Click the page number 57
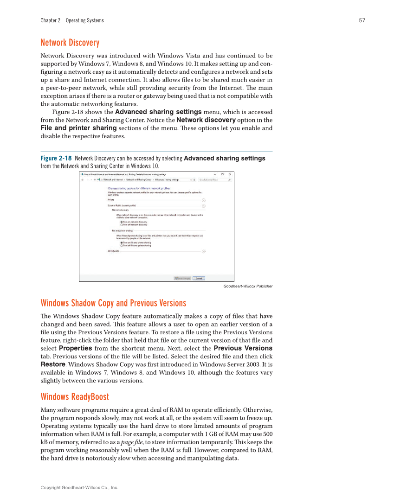pyautogui.click(x=362, y=20)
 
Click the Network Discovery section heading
pyautogui.click(x=70, y=43)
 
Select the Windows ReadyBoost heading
pyautogui.click(x=75, y=397)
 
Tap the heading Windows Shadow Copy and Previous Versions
pyautogui.click(x=113, y=303)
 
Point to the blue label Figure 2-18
pyautogui.click(x=56, y=159)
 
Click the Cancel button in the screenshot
pyautogui.click(x=199, y=278)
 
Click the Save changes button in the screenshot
pyautogui.click(x=182, y=278)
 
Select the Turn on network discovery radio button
pyautogui.click(x=122, y=222)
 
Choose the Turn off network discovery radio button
pyautogui.click(x=122, y=225)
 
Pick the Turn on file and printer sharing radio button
pyautogui.click(x=122, y=242)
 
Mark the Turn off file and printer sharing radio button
pyautogui.click(x=122, y=246)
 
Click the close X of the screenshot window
pyautogui.click(x=230, y=174)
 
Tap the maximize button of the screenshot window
pyautogui.click(x=222, y=174)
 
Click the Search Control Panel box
pyautogui.click(x=213, y=179)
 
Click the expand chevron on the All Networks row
pyautogui.click(x=204, y=251)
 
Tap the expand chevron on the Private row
pyautogui.click(x=204, y=200)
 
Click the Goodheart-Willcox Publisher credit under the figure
pyautogui.click(x=248, y=287)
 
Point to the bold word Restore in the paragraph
pyautogui.click(x=52, y=364)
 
